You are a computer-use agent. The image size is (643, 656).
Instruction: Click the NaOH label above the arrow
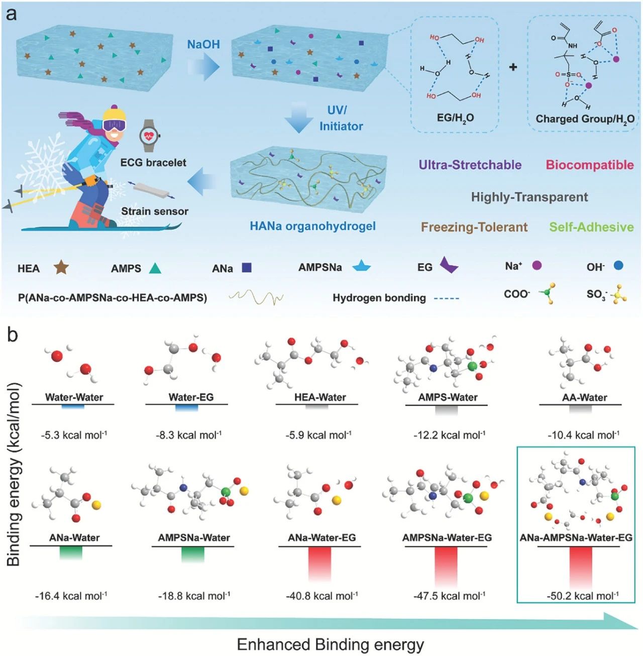203,44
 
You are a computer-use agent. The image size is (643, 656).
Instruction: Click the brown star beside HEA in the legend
61,267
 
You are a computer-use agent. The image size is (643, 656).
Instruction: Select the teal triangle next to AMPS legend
155,268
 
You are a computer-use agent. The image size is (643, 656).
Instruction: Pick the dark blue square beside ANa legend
246,268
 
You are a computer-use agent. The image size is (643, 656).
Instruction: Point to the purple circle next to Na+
537,265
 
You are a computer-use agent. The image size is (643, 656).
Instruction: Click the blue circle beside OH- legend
618,265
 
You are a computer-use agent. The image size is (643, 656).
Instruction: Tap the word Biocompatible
590,165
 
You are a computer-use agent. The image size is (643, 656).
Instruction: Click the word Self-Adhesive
591,227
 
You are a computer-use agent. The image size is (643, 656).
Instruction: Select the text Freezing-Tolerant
474,227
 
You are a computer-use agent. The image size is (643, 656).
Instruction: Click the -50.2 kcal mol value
583,596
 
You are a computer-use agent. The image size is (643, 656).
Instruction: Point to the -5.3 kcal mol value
74,435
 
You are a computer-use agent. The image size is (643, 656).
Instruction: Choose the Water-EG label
191,397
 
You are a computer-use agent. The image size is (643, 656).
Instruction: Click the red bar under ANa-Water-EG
320,563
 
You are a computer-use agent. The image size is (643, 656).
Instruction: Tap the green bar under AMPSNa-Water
193,554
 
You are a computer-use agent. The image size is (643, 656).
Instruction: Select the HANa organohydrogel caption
312,226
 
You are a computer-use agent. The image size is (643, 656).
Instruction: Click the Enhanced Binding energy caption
330,644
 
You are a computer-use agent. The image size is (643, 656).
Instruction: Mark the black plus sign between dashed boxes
513,67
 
